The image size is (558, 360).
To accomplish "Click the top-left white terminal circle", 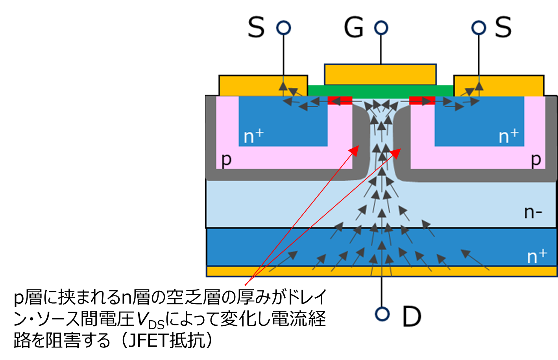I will (283, 28).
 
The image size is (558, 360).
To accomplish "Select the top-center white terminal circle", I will (381, 28).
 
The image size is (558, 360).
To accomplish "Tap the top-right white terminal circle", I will (479, 28).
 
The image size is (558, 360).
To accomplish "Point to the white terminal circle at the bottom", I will (382, 314).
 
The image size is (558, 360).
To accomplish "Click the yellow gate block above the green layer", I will (380, 74).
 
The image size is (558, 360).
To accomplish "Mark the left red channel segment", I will (340, 100).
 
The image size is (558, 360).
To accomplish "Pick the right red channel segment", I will (422, 100).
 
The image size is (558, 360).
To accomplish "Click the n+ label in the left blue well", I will (253, 136).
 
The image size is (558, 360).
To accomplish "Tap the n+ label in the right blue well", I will (508, 136).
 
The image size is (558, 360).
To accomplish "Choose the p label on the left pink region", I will (226, 159).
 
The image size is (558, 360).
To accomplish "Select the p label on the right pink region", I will (536, 159).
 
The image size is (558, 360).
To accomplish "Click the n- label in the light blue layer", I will (533, 212).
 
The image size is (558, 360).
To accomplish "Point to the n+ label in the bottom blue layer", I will (537, 257).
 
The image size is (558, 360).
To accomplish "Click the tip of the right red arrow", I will (400, 149).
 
